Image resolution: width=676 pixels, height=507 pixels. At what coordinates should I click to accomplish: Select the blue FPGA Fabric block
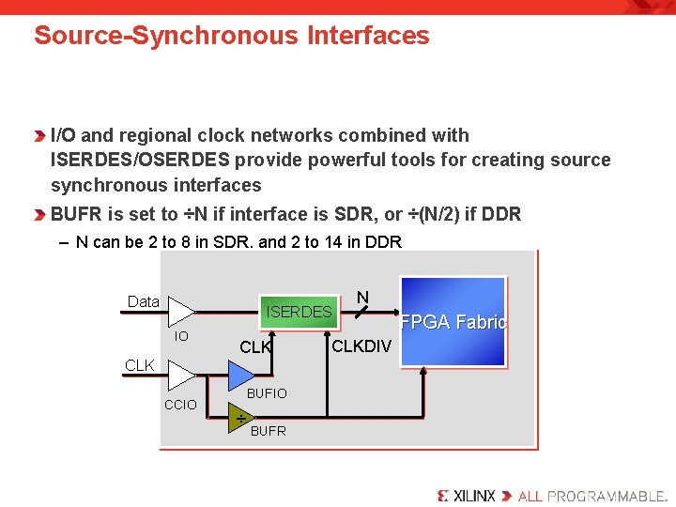tap(453, 321)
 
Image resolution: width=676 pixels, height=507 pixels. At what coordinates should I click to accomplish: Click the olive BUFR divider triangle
tap(241, 417)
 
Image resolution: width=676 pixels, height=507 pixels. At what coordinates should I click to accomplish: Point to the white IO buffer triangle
tap(180, 313)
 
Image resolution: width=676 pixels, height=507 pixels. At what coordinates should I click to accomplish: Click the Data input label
tap(143, 301)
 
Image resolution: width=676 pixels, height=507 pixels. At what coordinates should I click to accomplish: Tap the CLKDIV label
tap(361, 346)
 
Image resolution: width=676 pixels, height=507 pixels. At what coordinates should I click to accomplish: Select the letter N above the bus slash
tap(362, 298)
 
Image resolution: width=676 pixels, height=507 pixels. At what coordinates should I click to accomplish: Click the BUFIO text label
tap(267, 393)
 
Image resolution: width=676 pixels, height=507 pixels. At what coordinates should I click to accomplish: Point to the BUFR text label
tap(269, 431)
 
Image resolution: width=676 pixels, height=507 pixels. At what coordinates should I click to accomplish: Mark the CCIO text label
tap(180, 405)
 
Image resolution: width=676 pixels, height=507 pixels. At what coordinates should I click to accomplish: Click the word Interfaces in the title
tap(367, 36)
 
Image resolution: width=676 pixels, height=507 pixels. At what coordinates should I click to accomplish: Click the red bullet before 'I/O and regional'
tap(40, 136)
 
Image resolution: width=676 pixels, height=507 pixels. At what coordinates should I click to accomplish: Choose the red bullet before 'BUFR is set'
tap(40, 214)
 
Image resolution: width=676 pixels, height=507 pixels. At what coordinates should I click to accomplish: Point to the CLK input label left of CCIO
tap(139, 365)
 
